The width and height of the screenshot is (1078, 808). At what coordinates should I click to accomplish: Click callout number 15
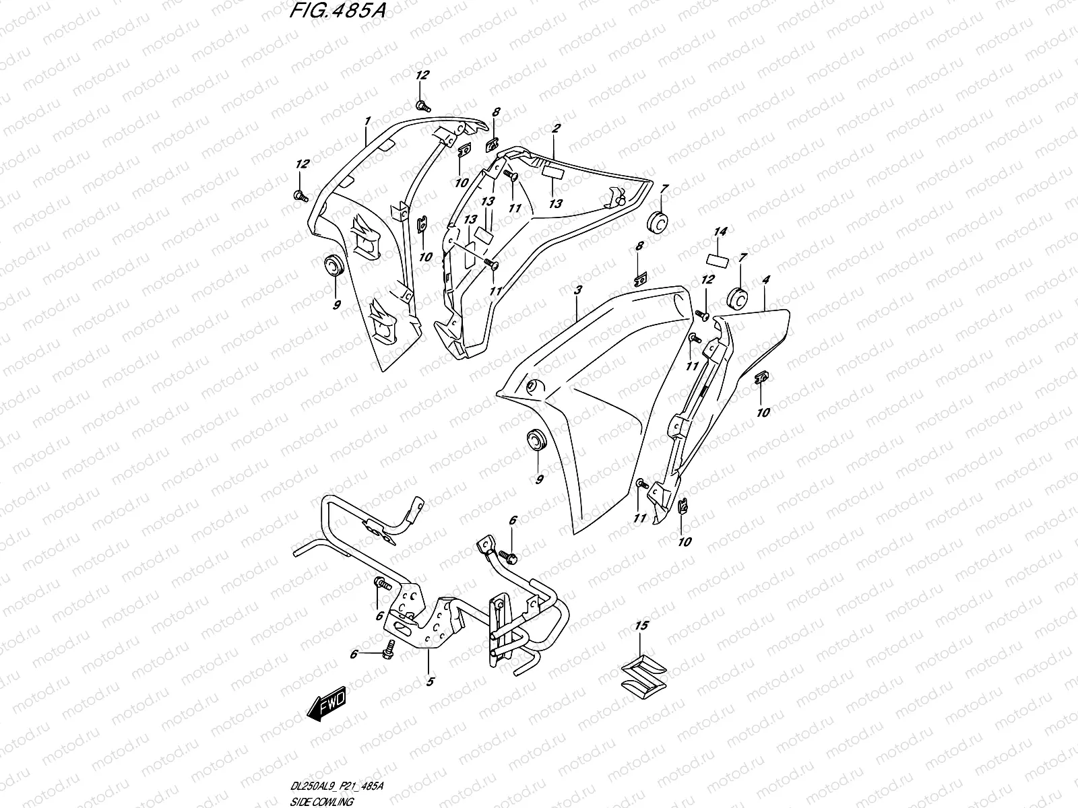[641, 626]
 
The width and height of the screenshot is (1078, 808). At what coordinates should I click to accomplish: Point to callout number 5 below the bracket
[429, 681]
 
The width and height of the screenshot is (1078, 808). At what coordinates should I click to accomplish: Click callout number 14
[720, 232]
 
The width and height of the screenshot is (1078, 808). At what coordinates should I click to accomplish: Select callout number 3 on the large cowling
[577, 290]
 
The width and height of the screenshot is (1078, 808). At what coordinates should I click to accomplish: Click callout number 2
[557, 127]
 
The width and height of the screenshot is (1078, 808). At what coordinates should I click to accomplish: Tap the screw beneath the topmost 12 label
[422, 105]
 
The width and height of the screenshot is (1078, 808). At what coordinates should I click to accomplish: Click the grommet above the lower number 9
[538, 440]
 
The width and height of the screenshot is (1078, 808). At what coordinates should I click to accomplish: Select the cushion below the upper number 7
[658, 221]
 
